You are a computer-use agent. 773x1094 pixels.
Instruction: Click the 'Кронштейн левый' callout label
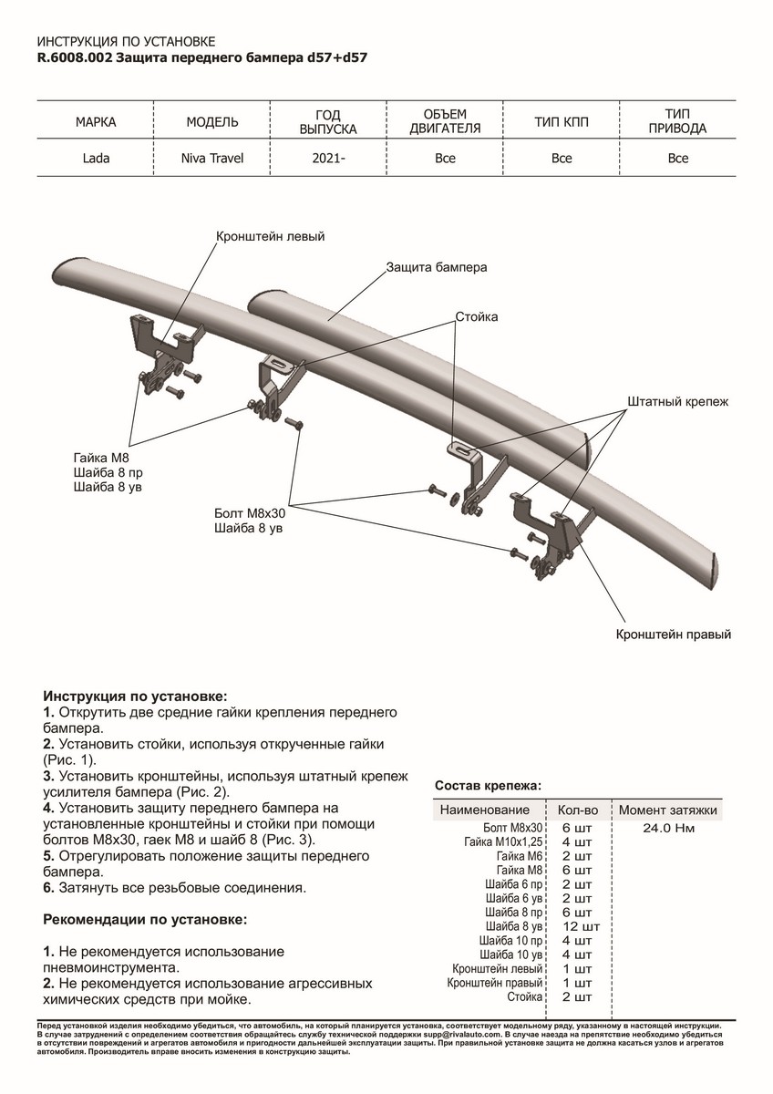(270, 236)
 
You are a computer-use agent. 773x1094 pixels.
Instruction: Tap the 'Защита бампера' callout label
(436, 268)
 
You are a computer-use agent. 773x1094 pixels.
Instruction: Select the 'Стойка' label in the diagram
(477, 317)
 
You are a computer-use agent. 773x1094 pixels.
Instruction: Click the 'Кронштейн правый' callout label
(674, 635)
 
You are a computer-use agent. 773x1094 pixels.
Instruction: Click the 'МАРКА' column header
(96, 122)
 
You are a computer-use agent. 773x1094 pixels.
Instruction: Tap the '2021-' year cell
(329, 159)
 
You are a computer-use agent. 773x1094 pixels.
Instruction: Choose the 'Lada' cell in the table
(96, 159)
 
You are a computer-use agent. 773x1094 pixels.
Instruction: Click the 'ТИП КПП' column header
(562, 122)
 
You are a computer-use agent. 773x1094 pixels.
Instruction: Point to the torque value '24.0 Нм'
(669, 828)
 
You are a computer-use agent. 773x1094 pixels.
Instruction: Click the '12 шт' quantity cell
(577, 926)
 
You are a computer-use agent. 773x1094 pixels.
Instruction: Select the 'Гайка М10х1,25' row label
(503, 842)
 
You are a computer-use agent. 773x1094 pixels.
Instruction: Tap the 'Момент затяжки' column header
(668, 810)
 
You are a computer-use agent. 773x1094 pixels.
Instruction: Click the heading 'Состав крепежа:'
(488, 785)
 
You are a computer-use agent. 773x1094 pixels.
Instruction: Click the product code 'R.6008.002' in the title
(76, 57)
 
